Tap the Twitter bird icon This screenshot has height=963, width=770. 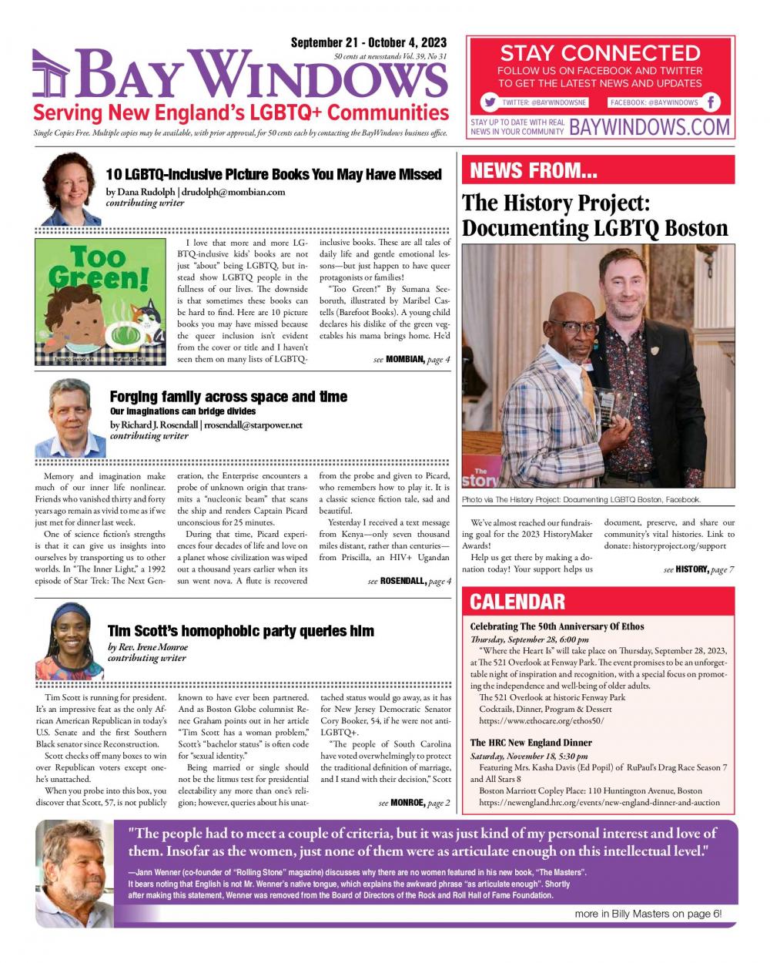489,102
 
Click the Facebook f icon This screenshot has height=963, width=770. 711,102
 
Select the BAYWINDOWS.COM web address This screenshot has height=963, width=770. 649,127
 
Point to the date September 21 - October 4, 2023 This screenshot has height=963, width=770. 368,43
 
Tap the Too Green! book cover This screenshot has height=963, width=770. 100,301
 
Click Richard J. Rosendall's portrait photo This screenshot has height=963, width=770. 71,418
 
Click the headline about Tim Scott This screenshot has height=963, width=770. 241,631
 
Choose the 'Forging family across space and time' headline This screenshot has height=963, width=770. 228,397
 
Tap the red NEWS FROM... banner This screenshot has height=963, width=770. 598,170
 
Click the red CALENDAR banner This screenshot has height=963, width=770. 598,602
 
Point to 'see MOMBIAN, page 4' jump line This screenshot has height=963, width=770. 411,360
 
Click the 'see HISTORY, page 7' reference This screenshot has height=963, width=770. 698,569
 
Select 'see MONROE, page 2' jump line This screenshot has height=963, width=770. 414,803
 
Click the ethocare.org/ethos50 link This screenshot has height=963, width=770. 541,721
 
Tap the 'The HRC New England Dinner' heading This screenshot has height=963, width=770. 531,743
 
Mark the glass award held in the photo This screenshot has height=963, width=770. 607,407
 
